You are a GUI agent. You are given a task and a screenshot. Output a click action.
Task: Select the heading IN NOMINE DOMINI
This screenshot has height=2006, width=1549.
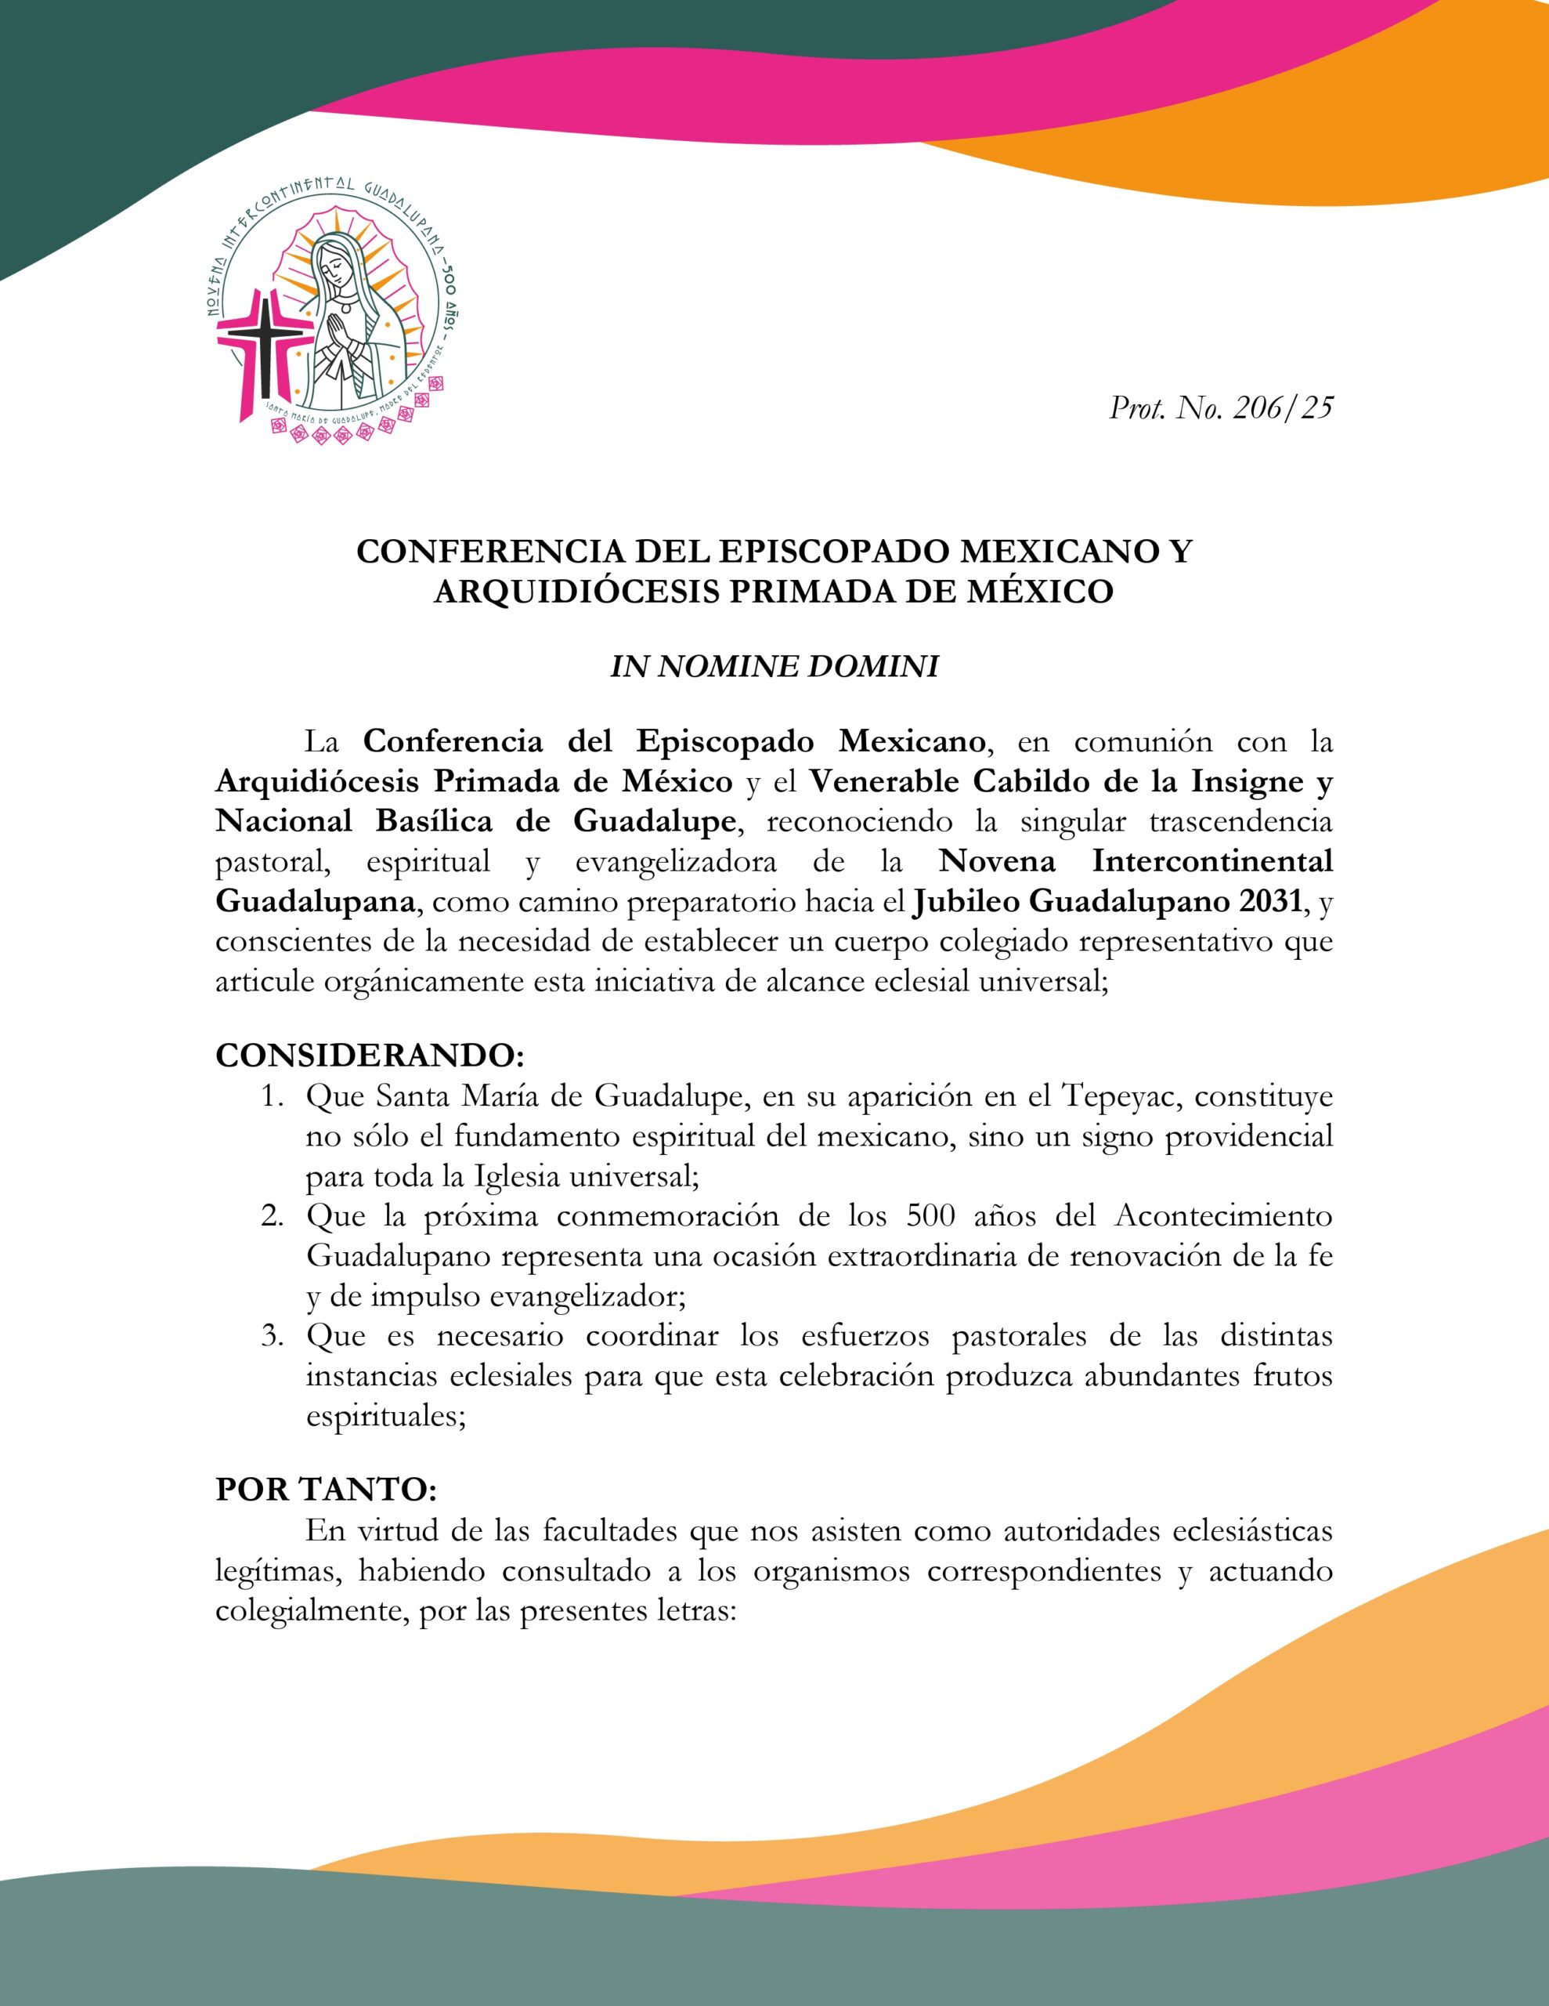pos(774,666)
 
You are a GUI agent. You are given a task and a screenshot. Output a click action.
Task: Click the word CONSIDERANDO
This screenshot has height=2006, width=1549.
pos(368,1056)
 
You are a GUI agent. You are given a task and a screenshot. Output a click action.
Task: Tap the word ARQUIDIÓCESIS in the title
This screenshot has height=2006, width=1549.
pos(576,592)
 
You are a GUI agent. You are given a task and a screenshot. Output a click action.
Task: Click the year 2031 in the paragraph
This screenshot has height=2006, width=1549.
pos(1271,901)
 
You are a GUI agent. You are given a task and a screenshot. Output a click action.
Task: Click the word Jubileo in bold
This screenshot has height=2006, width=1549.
pos(966,901)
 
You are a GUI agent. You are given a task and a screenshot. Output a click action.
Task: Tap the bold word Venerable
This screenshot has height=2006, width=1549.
pos(885,782)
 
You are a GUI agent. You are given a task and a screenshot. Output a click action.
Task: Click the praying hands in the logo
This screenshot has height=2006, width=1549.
pos(341,336)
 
